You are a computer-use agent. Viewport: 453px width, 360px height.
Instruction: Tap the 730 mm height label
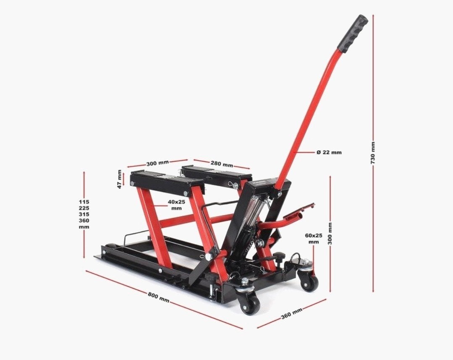[x=373, y=153]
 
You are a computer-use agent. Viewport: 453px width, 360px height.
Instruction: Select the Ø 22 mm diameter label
[x=329, y=152]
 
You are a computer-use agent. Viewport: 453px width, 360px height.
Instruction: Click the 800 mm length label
[x=158, y=297]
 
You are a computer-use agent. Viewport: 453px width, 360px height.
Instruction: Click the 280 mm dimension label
[x=222, y=164]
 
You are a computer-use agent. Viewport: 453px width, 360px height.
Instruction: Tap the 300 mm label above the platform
[x=157, y=163]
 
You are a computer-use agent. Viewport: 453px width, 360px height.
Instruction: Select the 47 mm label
[x=120, y=179]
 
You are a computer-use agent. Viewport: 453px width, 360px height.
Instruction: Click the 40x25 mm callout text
[x=176, y=205]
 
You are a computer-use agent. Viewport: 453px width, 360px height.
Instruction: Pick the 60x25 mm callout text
[x=314, y=239]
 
